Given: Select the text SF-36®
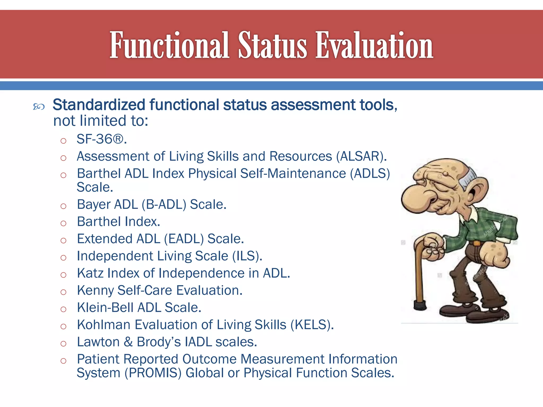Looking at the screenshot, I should tap(102, 139).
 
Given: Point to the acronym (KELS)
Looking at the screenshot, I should tap(312, 325).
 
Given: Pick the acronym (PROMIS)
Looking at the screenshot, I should tap(153, 373).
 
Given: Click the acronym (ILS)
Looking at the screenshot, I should tap(247, 256).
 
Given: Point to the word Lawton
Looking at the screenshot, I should tap(98, 342).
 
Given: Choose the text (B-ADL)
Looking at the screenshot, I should tap(164, 205).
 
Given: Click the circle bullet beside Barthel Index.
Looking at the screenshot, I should tap(63, 223).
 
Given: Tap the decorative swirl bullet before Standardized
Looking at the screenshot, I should tap(39, 107).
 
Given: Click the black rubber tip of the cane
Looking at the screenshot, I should tap(420, 305).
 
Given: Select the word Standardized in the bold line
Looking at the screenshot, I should tap(99, 105).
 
